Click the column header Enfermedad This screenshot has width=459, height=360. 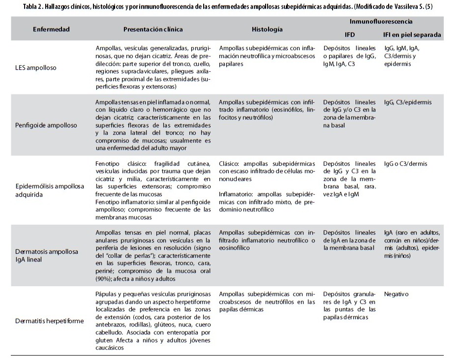51,29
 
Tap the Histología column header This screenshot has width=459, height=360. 267,29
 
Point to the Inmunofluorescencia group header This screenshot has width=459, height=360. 381,22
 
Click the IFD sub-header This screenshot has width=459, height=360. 350,35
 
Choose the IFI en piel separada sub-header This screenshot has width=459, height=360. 412,35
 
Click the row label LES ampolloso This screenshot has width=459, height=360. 35,68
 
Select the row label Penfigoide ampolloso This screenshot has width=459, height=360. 46,125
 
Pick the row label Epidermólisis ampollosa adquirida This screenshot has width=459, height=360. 49,190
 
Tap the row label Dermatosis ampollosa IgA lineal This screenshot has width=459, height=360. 46,255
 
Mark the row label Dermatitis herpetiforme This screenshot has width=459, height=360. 49,321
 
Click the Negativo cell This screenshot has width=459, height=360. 397,294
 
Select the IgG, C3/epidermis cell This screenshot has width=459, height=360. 408,102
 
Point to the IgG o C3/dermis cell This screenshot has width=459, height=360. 406,164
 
